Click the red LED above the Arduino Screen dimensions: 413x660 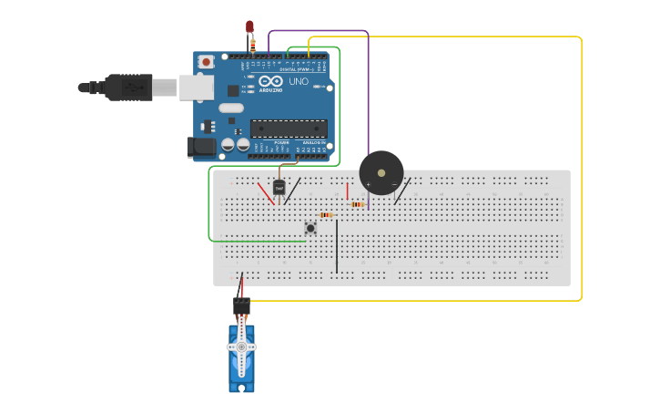(x=249, y=27)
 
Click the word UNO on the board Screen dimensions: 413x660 (x=299, y=82)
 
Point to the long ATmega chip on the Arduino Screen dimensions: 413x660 (x=288, y=129)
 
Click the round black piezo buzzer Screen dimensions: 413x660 (x=381, y=172)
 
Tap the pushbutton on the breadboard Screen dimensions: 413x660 (x=310, y=227)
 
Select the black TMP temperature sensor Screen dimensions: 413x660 (x=279, y=187)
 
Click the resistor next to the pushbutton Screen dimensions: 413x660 (x=326, y=215)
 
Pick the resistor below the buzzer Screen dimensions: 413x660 (x=357, y=204)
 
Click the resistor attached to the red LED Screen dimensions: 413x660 (x=253, y=43)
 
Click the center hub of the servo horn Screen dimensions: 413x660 (x=241, y=347)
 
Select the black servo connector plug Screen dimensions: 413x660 (x=241, y=306)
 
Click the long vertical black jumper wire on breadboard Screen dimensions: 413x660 (x=337, y=246)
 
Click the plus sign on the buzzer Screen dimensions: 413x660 (x=368, y=184)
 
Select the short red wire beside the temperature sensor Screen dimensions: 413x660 (x=266, y=192)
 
